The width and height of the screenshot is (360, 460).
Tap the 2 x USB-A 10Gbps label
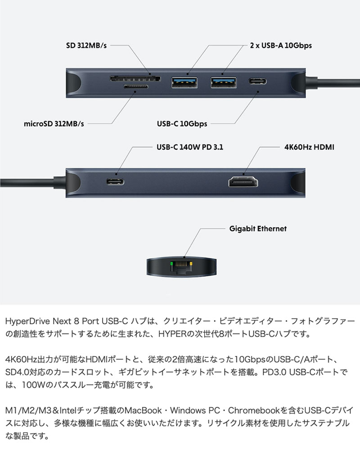pos(281,45)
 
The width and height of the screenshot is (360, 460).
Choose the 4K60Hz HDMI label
pos(309,147)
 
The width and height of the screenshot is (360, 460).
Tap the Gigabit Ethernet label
pos(257,229)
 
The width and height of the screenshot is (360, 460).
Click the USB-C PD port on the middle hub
pos(116,182)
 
